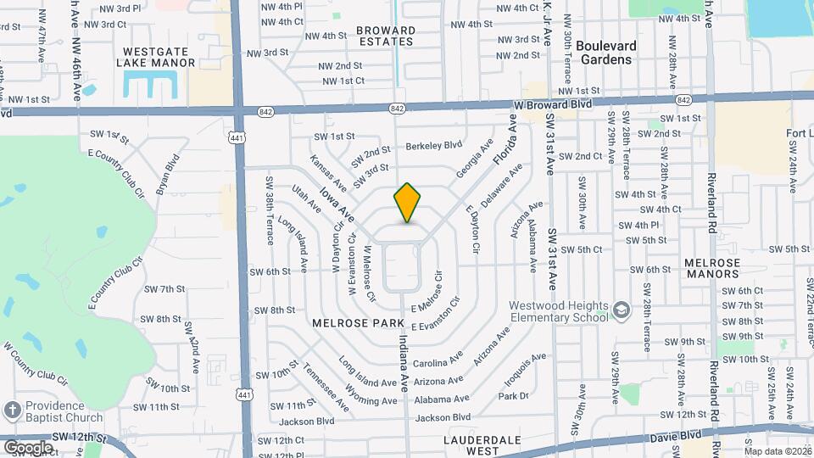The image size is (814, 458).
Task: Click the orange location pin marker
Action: (x=407, y=202)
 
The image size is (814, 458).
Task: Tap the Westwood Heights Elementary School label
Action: (x=559, y=311)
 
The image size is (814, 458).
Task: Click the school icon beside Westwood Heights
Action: (x=622, y=311)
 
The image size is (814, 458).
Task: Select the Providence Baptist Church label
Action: (x=64, y=411)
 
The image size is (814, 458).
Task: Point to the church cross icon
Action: (x=12, y=411)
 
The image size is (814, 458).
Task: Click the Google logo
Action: (x=28, y=447)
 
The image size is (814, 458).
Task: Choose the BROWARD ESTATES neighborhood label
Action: (x=387, y=36)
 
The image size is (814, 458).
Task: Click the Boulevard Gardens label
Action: (x=616, y=53)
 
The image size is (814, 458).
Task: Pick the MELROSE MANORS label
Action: (x=712, y=268)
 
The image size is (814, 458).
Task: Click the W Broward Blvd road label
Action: (x=553, y=103)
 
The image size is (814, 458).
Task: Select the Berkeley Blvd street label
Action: (x=433, y=145)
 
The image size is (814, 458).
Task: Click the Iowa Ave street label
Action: (x=337, y=206)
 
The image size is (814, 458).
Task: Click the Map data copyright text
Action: (x=777, y=451)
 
